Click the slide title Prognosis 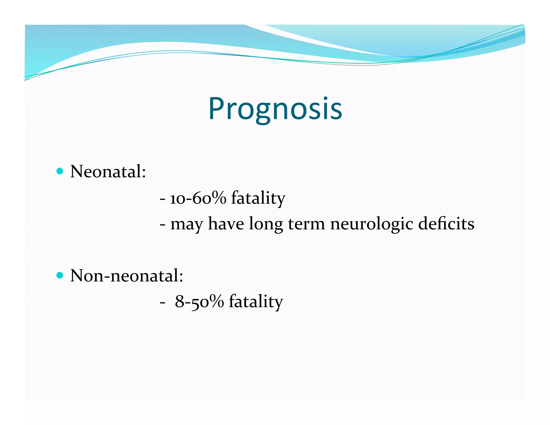pos(275,109)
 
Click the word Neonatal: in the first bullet pos(108,171)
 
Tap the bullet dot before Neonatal pos(60,171)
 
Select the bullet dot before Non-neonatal pos(60,275)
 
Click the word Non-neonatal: pos(126,276)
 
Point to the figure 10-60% pos(198,198)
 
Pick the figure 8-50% pos(199,301)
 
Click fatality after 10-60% pos(258,198)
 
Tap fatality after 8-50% pos(256,301)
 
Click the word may pos(186,224)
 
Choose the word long pos(266,224)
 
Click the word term pos(306,224)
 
